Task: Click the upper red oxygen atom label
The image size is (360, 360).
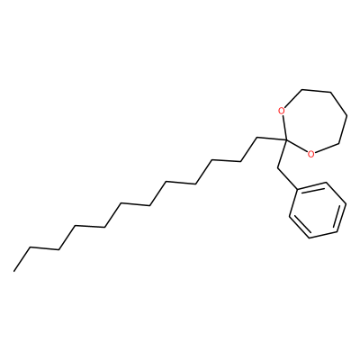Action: coord(281,112)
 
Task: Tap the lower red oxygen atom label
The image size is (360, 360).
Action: coord(311,154)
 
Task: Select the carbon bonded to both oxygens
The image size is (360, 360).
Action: coord(286,140)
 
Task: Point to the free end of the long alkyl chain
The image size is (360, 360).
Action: coord(13,271)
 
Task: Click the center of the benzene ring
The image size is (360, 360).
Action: coord(318,211)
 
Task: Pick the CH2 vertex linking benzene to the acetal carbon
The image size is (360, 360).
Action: coord(277,168)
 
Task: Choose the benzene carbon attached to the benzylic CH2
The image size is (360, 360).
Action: coord(298,190)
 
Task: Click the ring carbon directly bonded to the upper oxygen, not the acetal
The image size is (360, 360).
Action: coord(301,89)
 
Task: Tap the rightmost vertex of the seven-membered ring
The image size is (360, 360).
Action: coord(347,115)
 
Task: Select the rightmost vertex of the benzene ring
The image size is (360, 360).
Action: coord(346,204)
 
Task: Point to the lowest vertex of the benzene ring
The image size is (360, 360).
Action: coord(310,238)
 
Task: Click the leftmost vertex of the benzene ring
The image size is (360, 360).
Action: coord(290,216)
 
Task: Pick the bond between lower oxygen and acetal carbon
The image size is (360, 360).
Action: coord(297,147)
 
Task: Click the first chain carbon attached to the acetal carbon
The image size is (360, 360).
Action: coord(256,138)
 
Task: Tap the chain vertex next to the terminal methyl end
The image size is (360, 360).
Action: coord(30,247)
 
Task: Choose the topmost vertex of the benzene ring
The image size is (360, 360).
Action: coord(326,183)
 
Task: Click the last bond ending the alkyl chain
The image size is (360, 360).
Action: coord(22,259)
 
